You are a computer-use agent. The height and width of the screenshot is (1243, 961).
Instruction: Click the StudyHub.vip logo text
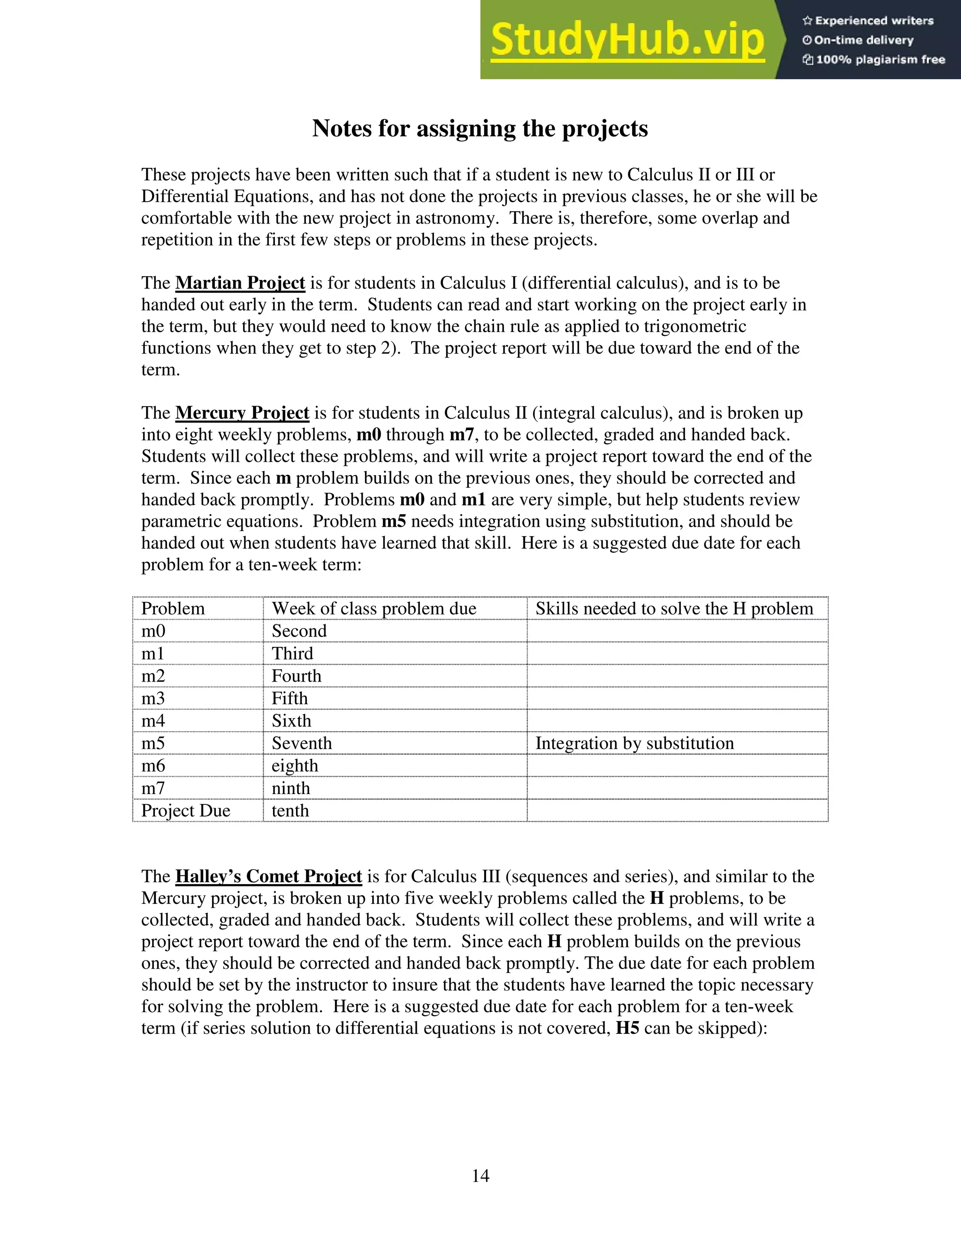627,40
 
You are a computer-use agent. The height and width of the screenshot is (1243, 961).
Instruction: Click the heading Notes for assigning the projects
480,128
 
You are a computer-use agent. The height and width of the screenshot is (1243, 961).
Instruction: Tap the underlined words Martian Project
240,283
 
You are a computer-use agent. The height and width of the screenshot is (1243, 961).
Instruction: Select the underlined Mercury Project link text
242,413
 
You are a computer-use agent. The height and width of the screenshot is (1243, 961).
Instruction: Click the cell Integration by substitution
634,743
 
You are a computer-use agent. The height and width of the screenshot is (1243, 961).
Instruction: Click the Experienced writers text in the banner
874,21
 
